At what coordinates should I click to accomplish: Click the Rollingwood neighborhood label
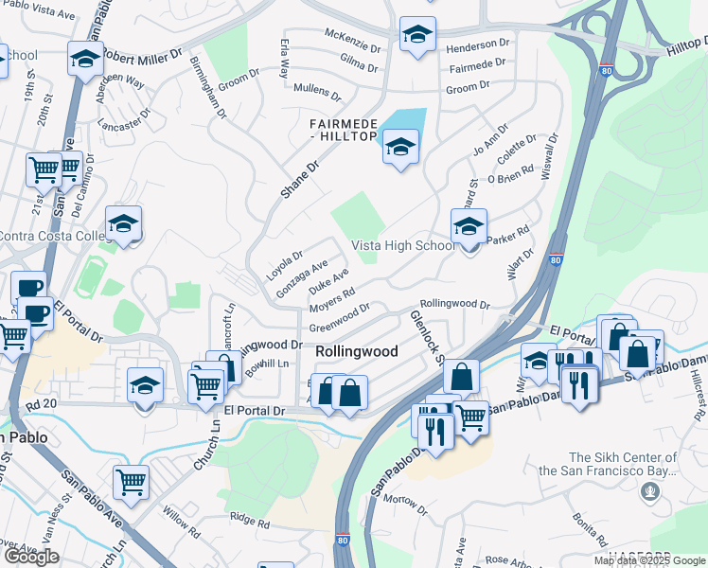point(356,350)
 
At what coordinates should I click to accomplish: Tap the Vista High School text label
point(404,245)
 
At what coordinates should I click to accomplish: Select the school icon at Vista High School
point(469,227)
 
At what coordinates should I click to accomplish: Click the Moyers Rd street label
point(331,301)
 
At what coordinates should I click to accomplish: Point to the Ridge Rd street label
point(250,522)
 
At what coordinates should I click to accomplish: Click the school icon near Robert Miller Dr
point(85,60)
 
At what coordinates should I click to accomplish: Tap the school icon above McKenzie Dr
point(416,35)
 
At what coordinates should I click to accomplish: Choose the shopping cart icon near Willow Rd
point(131,481)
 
